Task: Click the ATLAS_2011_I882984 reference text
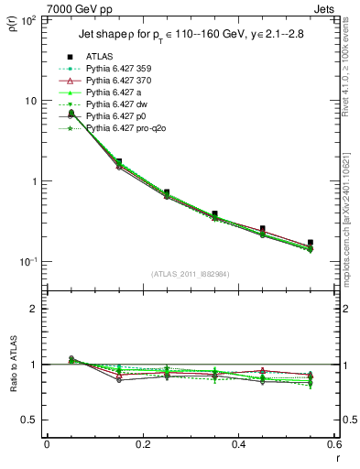pyautogui.click(x=191, y=274)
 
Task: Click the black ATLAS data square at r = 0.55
pyautogui.click(x=311, y=243)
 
